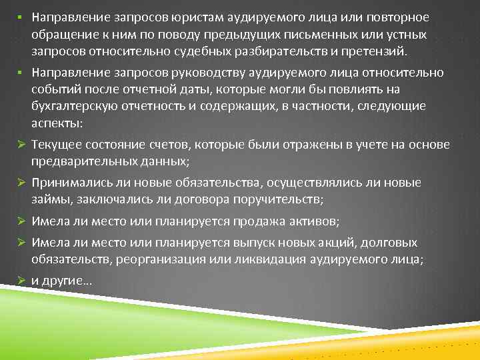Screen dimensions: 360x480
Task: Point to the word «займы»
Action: coord(47,201)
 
